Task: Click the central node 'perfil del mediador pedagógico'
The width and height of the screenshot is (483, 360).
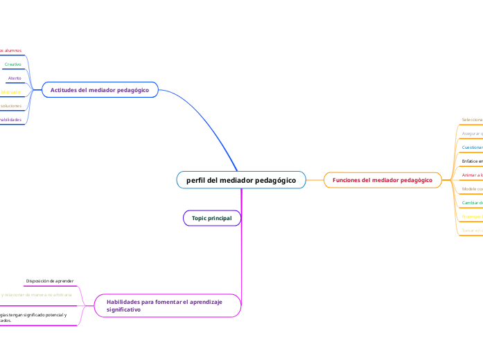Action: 240,180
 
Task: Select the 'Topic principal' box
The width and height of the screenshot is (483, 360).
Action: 212,218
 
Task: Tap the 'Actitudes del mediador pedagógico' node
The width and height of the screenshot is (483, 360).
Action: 100,90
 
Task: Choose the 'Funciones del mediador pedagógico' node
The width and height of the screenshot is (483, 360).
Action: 383,180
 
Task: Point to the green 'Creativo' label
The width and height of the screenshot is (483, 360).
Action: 13,64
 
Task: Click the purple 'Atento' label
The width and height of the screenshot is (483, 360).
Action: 15,78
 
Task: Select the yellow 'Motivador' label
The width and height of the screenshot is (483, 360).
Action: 11,92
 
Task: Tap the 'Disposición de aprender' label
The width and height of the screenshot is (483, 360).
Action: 50,280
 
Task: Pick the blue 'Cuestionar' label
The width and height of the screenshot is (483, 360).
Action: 472,147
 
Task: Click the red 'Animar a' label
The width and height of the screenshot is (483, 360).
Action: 472,175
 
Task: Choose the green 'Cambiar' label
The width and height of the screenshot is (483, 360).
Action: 472,203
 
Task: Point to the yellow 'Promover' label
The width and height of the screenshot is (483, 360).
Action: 472,217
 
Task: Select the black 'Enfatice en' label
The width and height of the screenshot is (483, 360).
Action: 472,161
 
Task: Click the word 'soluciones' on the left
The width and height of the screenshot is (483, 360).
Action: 11,106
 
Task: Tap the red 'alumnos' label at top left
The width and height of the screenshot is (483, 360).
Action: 11,51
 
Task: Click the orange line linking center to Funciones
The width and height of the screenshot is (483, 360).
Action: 315,180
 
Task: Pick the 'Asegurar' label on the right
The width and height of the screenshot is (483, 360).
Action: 472,133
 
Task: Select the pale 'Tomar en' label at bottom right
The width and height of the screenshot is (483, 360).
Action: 472,231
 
